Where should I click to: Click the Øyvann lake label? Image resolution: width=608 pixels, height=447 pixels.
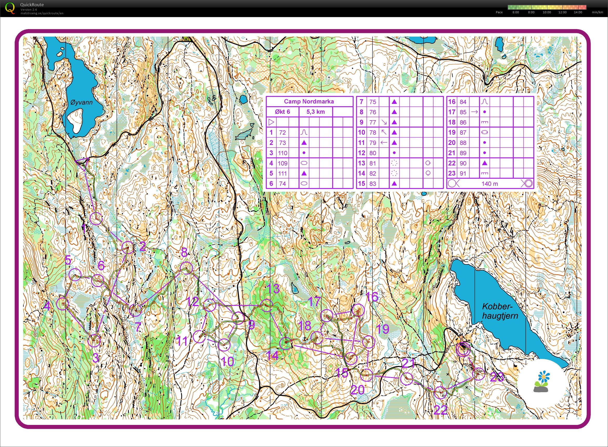[81, 102]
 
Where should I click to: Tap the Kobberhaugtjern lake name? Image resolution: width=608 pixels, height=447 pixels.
[500, 311]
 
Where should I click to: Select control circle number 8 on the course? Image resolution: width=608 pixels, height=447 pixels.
[186, 268]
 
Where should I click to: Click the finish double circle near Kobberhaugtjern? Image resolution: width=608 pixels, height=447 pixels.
[463, 349]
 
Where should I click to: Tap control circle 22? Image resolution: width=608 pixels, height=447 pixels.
[440, 393]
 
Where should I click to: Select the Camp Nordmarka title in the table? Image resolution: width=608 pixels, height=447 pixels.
[309, 102]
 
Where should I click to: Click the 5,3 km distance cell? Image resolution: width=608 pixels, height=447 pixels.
[316, 112]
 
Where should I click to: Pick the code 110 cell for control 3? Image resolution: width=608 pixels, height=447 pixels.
[282, 153]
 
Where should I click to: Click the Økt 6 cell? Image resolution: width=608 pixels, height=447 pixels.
[282, 112]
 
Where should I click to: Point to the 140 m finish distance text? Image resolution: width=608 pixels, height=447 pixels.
[490, 184]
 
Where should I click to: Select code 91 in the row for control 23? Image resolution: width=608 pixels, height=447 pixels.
[463, 174]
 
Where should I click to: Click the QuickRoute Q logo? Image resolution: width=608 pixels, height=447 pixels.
[10, 8]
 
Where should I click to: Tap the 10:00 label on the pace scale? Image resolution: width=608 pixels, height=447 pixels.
[547, 12]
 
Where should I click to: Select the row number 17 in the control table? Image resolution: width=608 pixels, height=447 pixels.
[452, 112]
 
